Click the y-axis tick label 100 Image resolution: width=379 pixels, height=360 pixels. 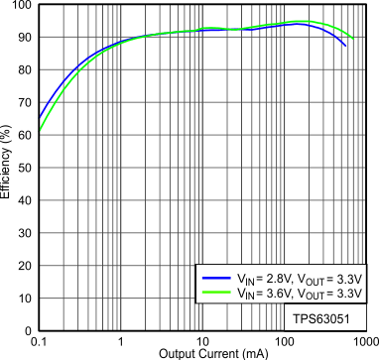(23, 6)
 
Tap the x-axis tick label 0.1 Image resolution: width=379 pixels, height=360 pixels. (39, 341)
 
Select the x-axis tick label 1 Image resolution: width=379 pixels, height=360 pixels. (121, 341)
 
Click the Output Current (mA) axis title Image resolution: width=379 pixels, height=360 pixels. (202, 353)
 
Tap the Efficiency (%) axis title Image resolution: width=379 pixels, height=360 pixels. (7, 168)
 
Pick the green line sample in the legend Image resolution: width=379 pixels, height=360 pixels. (214, 295)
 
